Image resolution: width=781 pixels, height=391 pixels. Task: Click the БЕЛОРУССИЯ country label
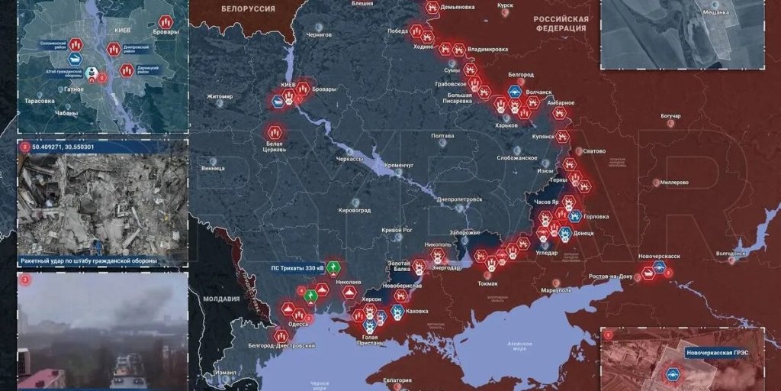[x=248, y=8]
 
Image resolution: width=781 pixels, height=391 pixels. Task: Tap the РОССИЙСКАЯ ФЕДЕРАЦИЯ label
[x=561, y=23]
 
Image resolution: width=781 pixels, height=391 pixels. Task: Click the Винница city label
[x=213, y=168]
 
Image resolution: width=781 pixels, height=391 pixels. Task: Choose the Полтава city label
[x=442, y=136]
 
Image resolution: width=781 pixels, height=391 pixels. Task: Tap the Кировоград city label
[x=355, y=209]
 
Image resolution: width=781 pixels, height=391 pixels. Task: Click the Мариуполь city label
[x=545, y=291]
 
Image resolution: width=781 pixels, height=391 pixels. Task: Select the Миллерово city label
[x=674, y=183]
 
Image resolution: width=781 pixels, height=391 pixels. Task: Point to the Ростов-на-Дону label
[x=610, y=276]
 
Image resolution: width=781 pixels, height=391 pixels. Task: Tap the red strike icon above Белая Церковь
[x=275, y=131]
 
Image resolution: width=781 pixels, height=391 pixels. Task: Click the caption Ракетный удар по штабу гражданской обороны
[x=88, y=261]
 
